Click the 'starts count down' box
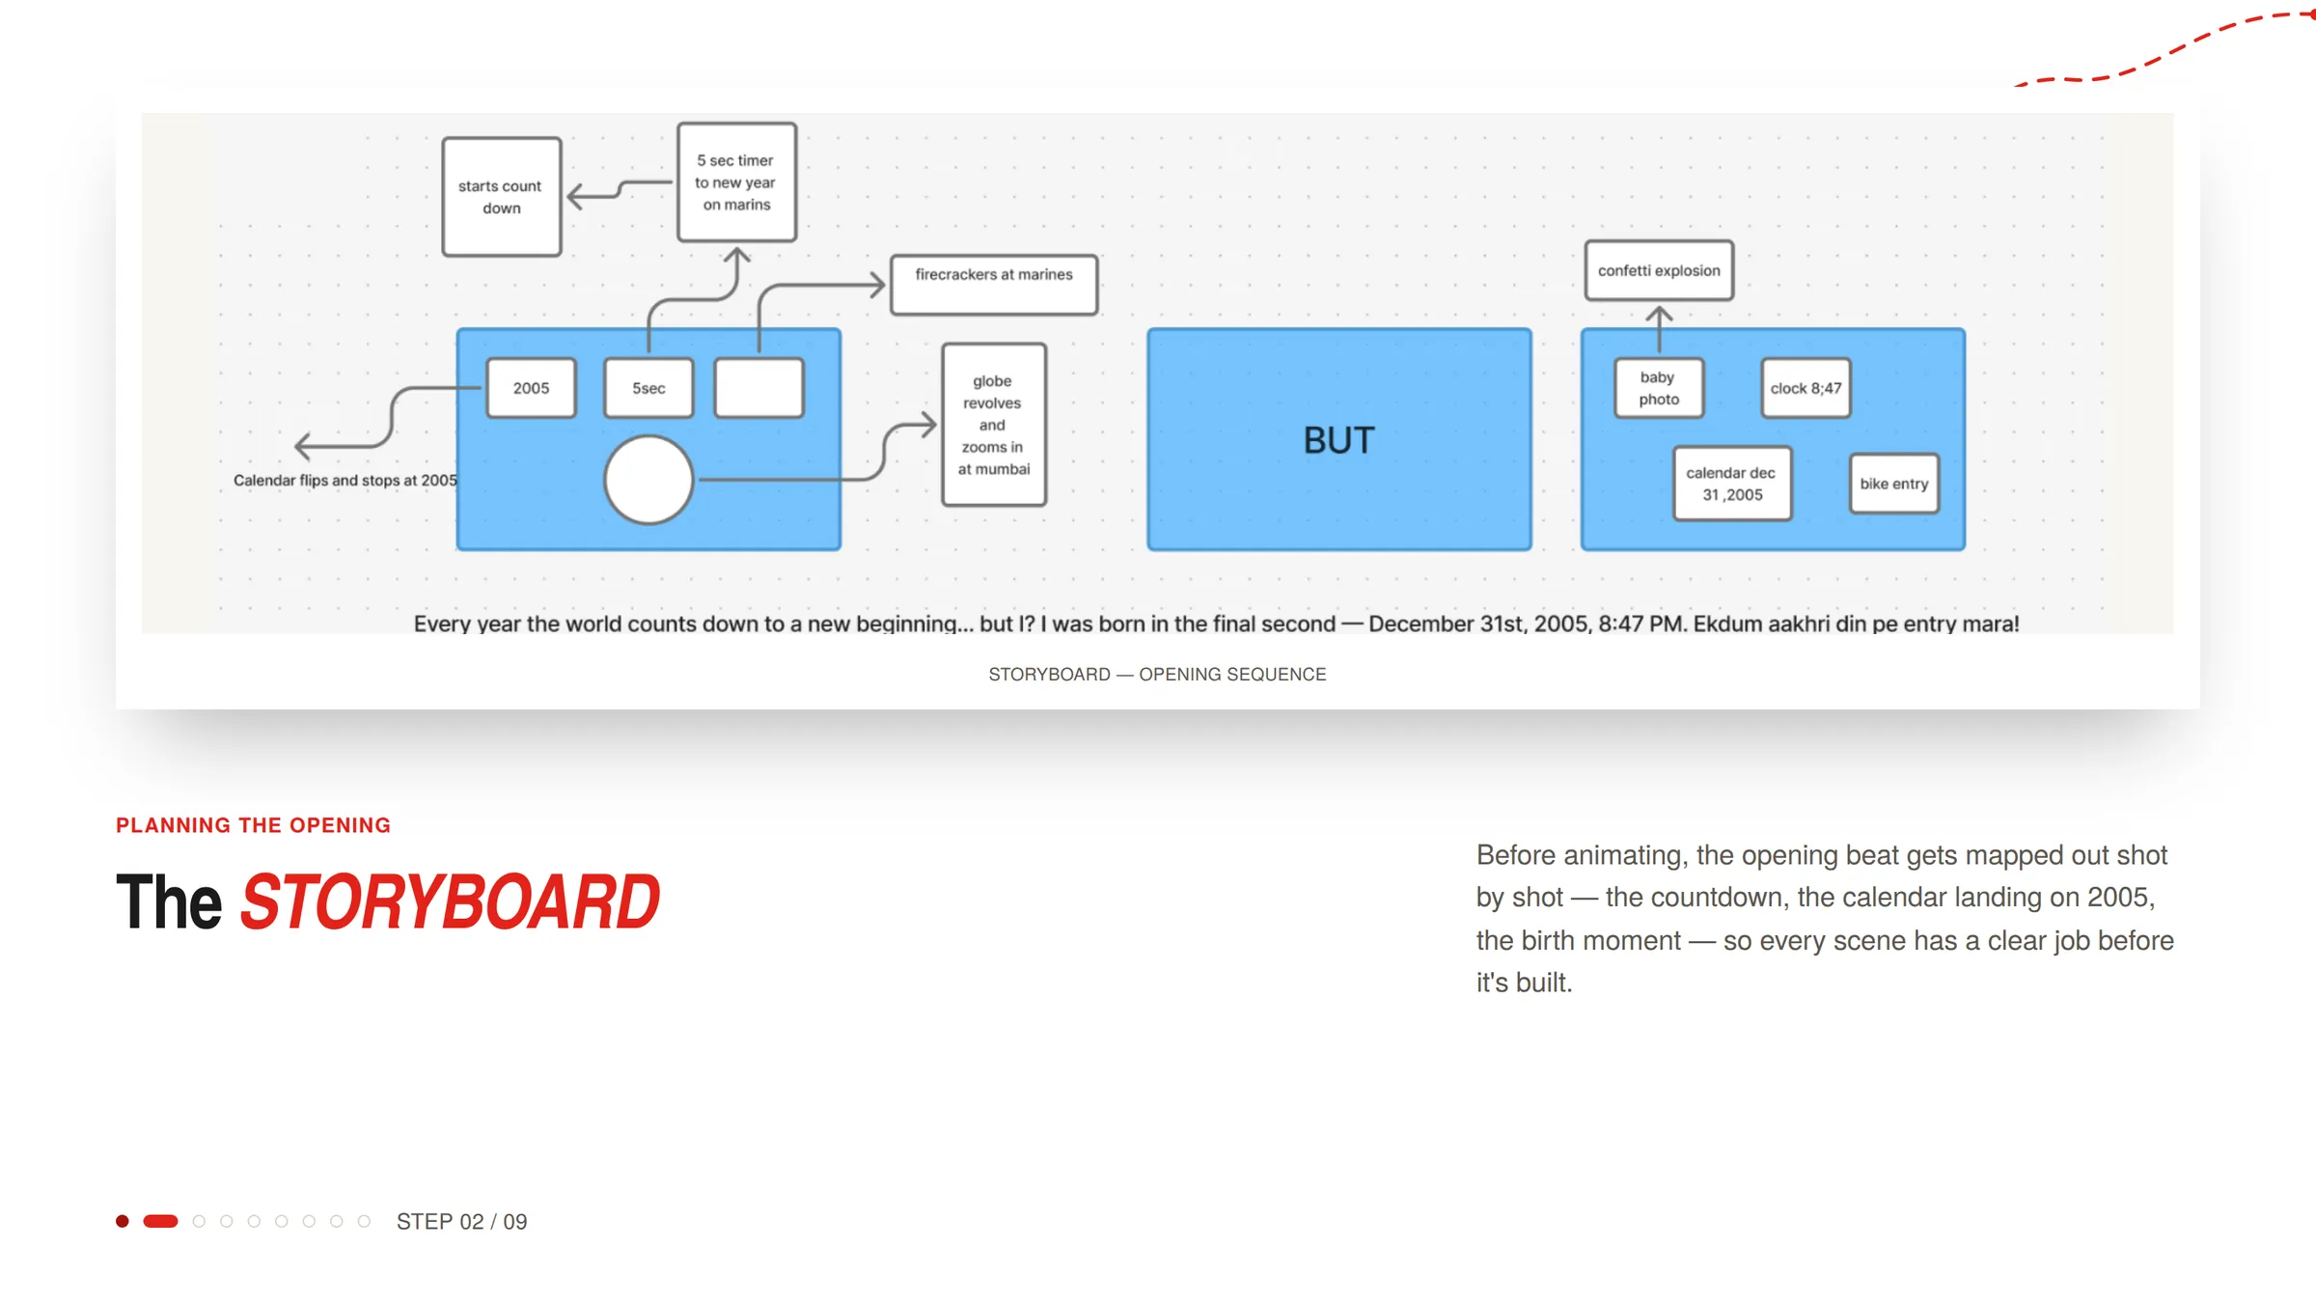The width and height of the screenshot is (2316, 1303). pos(502,197)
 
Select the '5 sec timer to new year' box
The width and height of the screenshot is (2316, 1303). pos(736,181)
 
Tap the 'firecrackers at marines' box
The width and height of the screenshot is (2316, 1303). pos(994,285)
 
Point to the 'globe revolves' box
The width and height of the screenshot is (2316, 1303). pos(994,425)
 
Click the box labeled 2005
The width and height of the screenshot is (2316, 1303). pos(531,388)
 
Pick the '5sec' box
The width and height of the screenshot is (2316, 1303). pos(648,388)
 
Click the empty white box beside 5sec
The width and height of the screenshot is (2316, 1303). pos(759,388)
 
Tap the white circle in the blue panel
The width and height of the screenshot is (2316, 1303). pos(648,480)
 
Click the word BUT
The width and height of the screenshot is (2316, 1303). pos(1338,441)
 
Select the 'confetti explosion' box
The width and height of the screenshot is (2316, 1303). pos(1659,270)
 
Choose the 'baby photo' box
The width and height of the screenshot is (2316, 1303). pos(1659,388)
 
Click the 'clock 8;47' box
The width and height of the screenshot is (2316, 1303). pos(1806,388)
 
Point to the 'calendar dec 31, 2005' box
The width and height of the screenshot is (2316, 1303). pos(1732,484)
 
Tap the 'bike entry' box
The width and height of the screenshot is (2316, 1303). pos(1894,484)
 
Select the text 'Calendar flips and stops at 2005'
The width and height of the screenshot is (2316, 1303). pos(345,481)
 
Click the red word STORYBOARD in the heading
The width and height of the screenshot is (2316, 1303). pos(450,902)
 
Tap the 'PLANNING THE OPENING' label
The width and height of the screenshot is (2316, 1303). pos(253,825)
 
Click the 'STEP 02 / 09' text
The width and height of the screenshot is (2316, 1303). pos(461,1222)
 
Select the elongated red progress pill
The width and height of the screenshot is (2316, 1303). pos(160,1221)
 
